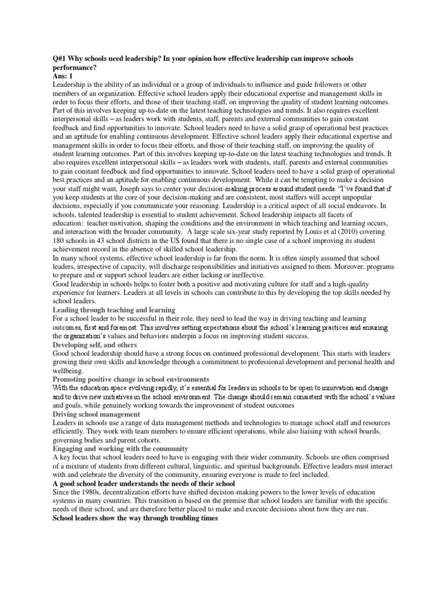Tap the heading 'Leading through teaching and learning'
tap(114, 309)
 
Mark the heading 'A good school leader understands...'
tap(143, 484)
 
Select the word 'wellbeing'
tap(68, 370)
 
